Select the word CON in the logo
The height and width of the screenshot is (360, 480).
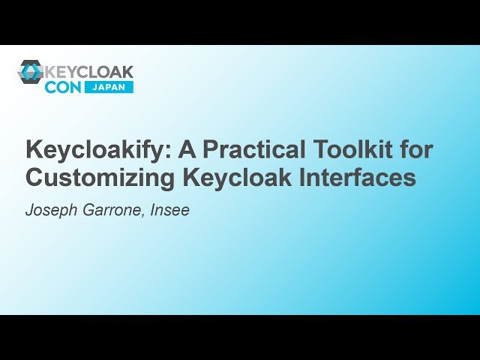(64, 87)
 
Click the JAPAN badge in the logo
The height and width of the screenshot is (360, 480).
(110, 87)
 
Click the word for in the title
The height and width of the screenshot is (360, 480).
(416, 149)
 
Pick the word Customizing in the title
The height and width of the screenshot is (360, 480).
(97, 178)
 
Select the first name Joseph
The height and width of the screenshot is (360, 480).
(49, 210)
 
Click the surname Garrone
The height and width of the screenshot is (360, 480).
(113, 210)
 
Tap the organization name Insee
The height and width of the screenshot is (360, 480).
(172, 210)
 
